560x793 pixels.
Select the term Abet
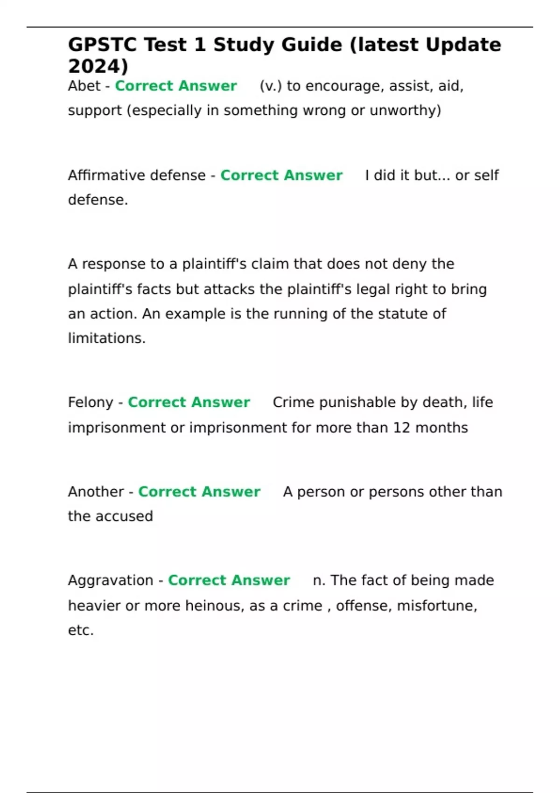(x=84, y=86)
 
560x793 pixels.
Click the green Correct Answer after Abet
(x=176, y=86)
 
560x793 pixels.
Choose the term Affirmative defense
(x=137, y=175)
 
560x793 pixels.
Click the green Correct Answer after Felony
(x=189, y=403)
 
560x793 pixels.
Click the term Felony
(x=91, y=403)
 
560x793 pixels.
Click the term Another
(x=96, y=492)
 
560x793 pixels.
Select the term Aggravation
(x=111, y=580)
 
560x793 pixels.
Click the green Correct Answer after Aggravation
(x=229, y=580)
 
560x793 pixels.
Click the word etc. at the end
(x=81, y=631)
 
